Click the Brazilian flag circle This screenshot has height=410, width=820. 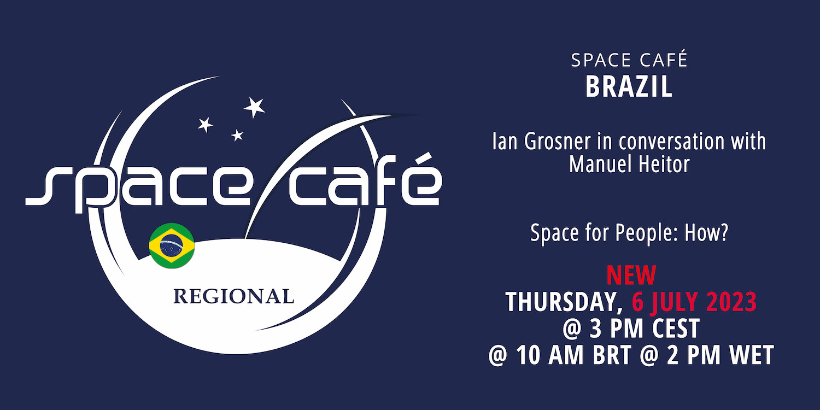(x=172, y=245)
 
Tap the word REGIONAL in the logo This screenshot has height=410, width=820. (x=233, y=296)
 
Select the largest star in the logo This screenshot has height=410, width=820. (x=254, y=107)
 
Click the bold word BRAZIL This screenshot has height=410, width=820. (x=629, y=87)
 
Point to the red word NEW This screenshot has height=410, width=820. (x=631, y=276)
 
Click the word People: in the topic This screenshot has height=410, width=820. (x=647, y=233)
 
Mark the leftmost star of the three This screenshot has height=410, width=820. (x=206, y=125)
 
